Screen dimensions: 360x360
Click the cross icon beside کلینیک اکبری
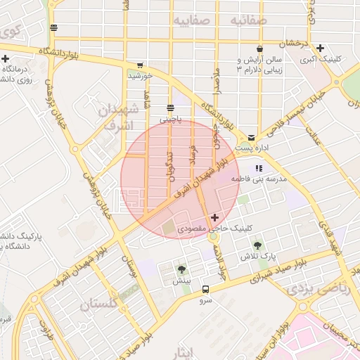[321, 49]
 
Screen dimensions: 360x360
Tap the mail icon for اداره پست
[252, 137]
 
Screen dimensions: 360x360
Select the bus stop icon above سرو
[205, 288]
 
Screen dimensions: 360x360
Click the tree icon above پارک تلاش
[257, 245]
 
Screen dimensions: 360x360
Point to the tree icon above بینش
[182, 269]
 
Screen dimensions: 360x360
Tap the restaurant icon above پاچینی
[170, 108]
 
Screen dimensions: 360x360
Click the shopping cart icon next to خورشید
[140, 65]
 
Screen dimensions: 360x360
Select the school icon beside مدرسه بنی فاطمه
[258, 169]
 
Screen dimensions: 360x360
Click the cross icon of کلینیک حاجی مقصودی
[214, 218]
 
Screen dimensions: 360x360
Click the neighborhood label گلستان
[101, 304]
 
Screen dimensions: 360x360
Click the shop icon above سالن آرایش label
[260, 49]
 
